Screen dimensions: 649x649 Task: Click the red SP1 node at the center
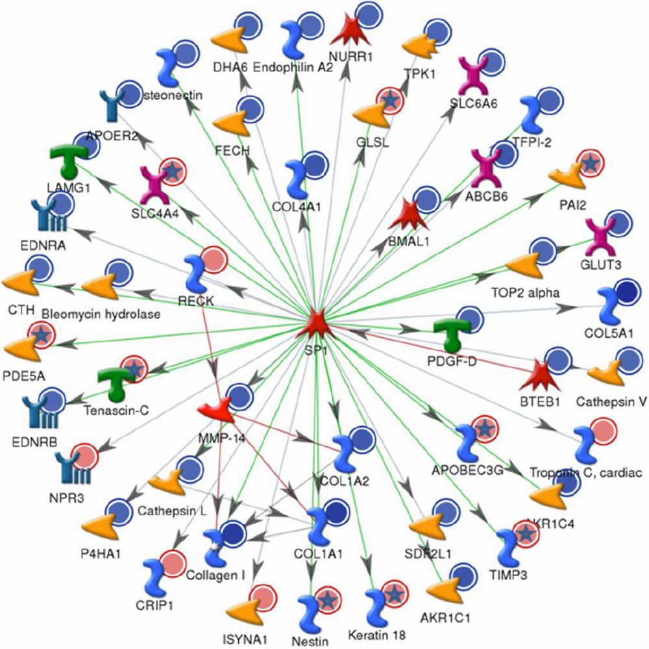click(316, 321)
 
